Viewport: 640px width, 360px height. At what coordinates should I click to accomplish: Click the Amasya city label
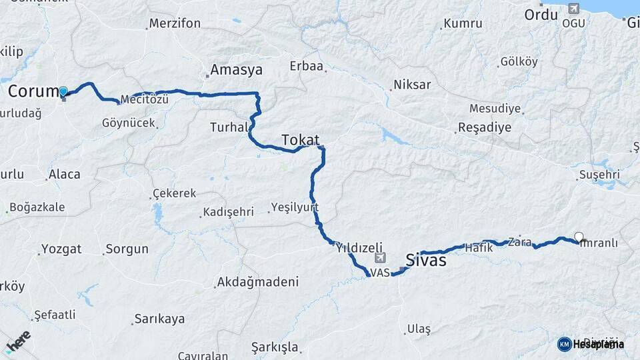coord(236,69)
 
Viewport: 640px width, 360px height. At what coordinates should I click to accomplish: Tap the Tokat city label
coord(300,140)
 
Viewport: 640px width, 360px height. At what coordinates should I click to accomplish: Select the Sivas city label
coord(426,261)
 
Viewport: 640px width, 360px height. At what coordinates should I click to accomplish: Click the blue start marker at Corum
coord(63,92)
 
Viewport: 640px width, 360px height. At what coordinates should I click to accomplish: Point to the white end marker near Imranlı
coord(579,237)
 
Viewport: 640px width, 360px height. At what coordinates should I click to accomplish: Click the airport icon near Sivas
coord(380,258)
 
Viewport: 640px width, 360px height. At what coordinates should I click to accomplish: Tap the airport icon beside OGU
coord(573,9)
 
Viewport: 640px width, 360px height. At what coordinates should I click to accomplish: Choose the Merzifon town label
coord(175,23)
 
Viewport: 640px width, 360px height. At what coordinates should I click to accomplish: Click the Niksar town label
coord(412,85)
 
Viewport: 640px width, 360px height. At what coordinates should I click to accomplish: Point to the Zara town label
coord(519,241)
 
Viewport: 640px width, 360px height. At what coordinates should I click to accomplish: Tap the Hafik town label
coord(479,247)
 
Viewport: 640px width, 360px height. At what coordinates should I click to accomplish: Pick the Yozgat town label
coord(61,249)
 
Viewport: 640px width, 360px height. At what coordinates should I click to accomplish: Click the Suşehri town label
coord(599,175)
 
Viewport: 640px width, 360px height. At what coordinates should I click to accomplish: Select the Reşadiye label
coord(485,127)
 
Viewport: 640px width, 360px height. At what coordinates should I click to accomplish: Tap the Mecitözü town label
coord(145,100)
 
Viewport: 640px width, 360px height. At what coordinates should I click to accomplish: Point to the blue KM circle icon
coord(564,344)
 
